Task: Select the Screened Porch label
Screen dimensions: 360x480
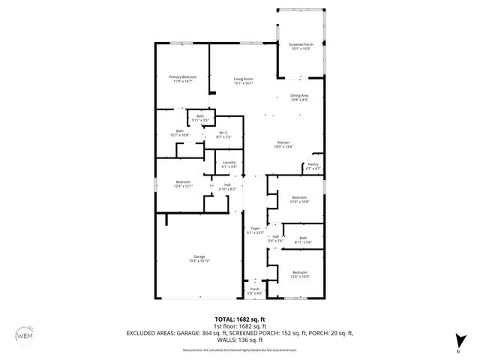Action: pos(301,46)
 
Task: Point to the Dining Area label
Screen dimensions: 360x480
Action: pos(300,97)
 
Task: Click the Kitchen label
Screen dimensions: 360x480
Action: pos(283,145)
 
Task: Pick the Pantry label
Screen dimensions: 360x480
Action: pos(313,166)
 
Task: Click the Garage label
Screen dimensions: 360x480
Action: pos(198,259)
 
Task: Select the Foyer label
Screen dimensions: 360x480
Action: pos(255,230)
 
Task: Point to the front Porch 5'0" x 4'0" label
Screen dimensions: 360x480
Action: pos(254,290)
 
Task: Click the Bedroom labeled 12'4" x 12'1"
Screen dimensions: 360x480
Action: pos(184,184)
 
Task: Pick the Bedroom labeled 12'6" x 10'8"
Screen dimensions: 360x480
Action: pos(299,199)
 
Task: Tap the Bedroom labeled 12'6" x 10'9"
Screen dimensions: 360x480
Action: pos(299,274)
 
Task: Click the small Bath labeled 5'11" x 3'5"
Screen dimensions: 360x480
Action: pos(200,118)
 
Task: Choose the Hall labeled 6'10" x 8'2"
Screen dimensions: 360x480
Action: pos(227,187)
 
